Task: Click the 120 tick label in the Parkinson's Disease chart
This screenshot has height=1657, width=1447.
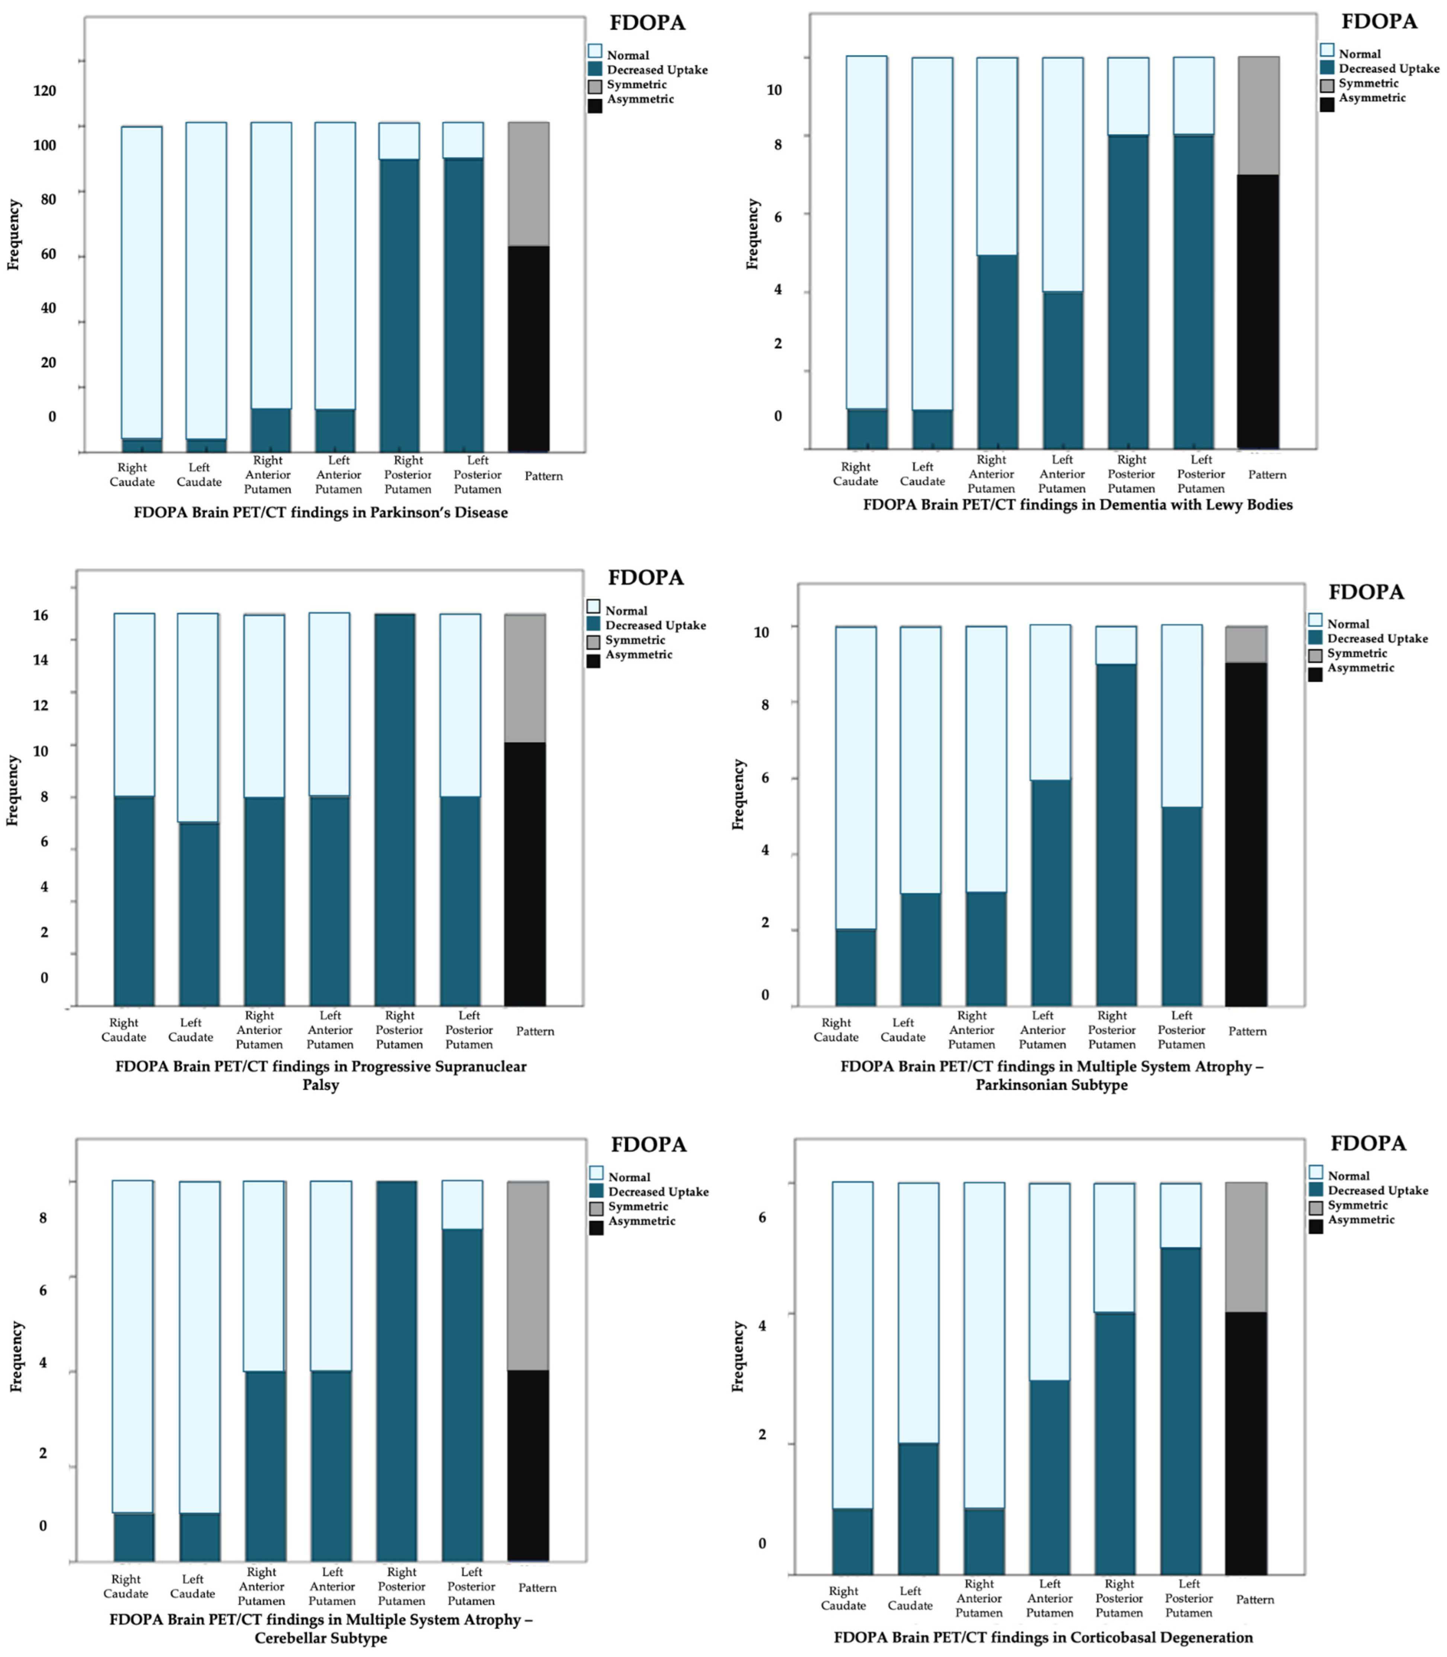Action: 44,90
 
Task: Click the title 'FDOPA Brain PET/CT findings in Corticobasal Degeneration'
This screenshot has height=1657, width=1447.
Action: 1043,1637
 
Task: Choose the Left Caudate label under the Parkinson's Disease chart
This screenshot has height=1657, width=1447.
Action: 199,474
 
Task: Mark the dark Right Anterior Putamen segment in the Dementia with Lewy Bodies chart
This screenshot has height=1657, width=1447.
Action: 997,352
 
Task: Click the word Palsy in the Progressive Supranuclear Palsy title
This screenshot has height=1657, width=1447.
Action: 320,1084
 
